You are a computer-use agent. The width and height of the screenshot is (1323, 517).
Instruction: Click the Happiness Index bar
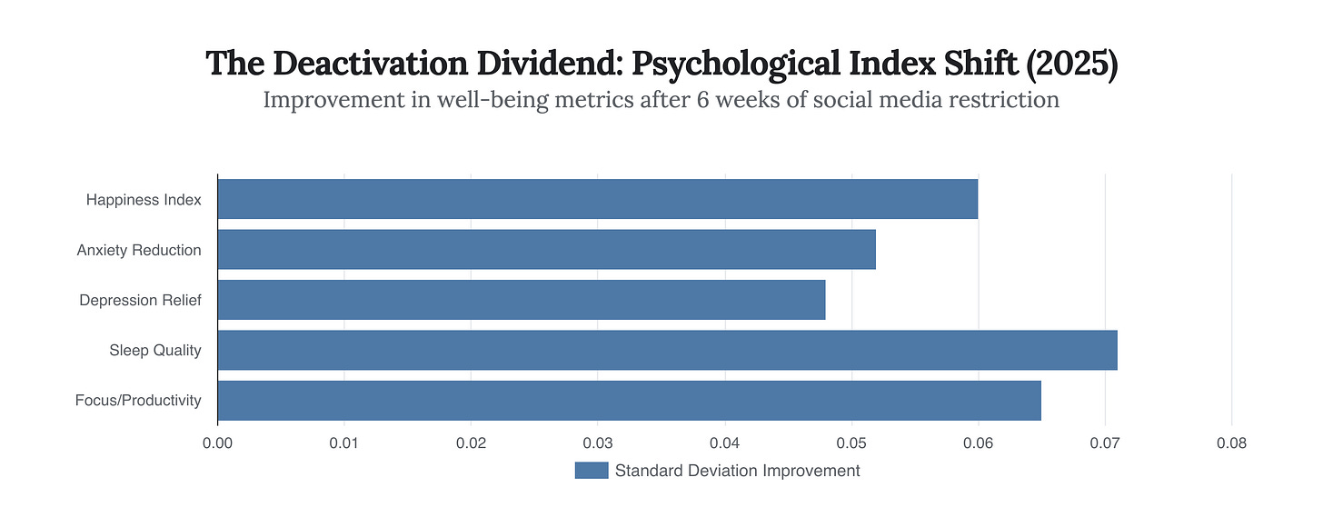[x=597, y=199]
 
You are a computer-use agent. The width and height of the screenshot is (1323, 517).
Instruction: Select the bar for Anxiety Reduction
[x=546, y=250]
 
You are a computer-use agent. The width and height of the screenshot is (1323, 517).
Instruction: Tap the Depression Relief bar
[x=521, y=300]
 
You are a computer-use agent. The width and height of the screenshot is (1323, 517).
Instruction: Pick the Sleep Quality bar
[x=667, y=350]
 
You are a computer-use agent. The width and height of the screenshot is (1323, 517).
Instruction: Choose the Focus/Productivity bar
[x=629, y=401]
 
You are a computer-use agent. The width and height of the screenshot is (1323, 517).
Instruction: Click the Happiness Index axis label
[x=144, y=200]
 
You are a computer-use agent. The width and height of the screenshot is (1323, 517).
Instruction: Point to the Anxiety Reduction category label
[x=139, y=250]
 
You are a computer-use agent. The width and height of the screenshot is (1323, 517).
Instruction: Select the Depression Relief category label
[x=140, y=300]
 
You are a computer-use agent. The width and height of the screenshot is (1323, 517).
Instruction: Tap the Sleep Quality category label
[x=154, y=350]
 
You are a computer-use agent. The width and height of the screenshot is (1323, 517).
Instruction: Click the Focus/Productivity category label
[x=138, y=401]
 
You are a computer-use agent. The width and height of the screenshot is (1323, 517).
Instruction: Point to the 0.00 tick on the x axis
[x=217, y=443]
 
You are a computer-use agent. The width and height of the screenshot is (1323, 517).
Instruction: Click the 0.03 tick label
[x=598, y=443]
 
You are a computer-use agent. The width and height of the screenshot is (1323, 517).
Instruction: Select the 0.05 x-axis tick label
[x=851, y=443]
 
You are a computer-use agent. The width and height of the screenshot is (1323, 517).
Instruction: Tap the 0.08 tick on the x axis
[x=1231, y=443]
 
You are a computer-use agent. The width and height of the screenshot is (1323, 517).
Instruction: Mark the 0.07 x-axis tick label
[x=1105, y=443]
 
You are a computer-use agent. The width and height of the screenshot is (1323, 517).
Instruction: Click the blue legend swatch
[x=591, y=471]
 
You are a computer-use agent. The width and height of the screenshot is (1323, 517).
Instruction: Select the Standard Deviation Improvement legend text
[x=737, y=471]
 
